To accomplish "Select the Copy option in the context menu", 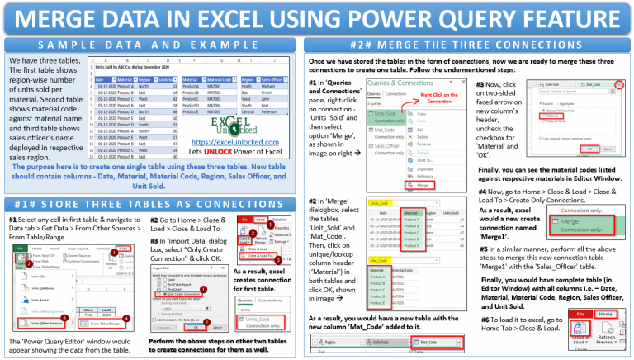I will point(422,113).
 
